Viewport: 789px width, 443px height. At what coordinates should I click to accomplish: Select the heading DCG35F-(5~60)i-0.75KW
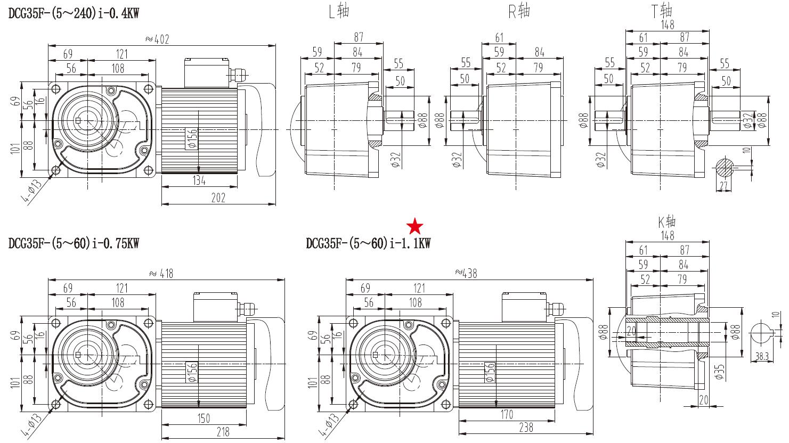(74, 243)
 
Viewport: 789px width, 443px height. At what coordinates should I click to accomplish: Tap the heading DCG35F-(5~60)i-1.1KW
(368, 243)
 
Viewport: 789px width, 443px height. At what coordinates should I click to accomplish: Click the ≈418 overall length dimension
(161, 273)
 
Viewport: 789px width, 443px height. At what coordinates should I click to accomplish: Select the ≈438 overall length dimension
(466, 273)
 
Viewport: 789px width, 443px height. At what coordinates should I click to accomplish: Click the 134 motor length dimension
(199, 181)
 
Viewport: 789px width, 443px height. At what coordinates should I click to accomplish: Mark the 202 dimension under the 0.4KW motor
(218, 198)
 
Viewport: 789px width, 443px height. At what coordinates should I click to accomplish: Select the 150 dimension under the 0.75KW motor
(204, 419)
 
